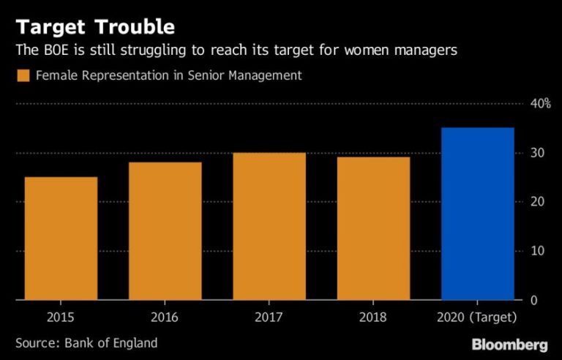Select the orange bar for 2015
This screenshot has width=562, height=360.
tap(61, 239)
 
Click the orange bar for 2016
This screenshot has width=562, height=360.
tap(165, 231)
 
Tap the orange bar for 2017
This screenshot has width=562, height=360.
tap(269, 226)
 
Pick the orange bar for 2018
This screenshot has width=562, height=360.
tap(373, 228)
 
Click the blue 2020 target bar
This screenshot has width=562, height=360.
tap(478, 214)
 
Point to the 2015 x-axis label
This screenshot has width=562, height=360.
tap(61, 318)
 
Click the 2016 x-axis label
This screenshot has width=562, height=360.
tap(165, 318)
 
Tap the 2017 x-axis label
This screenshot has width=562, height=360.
tap(269, 318)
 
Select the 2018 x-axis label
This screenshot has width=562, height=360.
tap(373, 318)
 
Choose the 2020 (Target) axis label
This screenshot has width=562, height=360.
tap(478, 318)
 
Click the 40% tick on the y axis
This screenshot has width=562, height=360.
tap(540, 103)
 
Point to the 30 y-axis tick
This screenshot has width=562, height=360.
tap(536, 153)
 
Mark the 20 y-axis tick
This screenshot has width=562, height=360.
tap(536, 202)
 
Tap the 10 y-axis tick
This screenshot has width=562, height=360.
tap(536, 251)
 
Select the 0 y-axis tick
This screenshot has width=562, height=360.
tap(533, 300)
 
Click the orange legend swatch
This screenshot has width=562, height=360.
tap(23, 75)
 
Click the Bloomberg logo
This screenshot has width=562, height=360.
tap(509, 343)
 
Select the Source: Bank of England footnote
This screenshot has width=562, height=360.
tap(86, 342)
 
